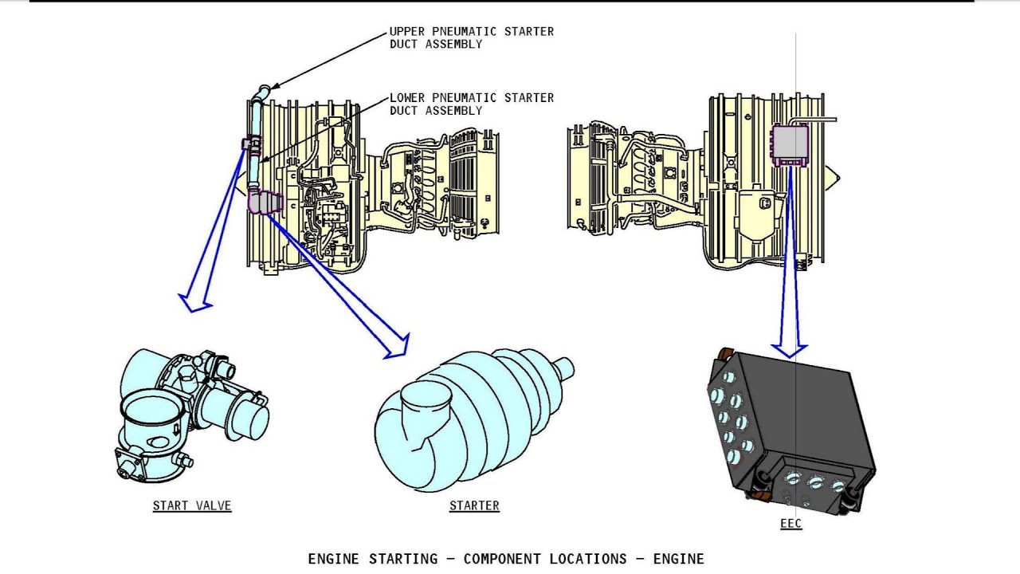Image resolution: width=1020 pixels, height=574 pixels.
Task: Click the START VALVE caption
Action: click(192, 505)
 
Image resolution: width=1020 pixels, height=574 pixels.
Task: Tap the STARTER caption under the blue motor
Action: click(474, 505)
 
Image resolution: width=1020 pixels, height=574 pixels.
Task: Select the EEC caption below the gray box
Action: click(790, 524)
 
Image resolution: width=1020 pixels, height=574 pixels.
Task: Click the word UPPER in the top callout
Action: click(408, 32)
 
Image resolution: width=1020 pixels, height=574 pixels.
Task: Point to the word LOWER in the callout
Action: click(408, 98)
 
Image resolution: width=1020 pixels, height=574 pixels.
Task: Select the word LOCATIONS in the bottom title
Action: click(591, 559)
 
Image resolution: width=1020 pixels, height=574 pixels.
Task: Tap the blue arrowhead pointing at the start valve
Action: click(194, 301)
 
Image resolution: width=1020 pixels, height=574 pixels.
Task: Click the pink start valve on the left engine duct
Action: click(250, 143)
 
